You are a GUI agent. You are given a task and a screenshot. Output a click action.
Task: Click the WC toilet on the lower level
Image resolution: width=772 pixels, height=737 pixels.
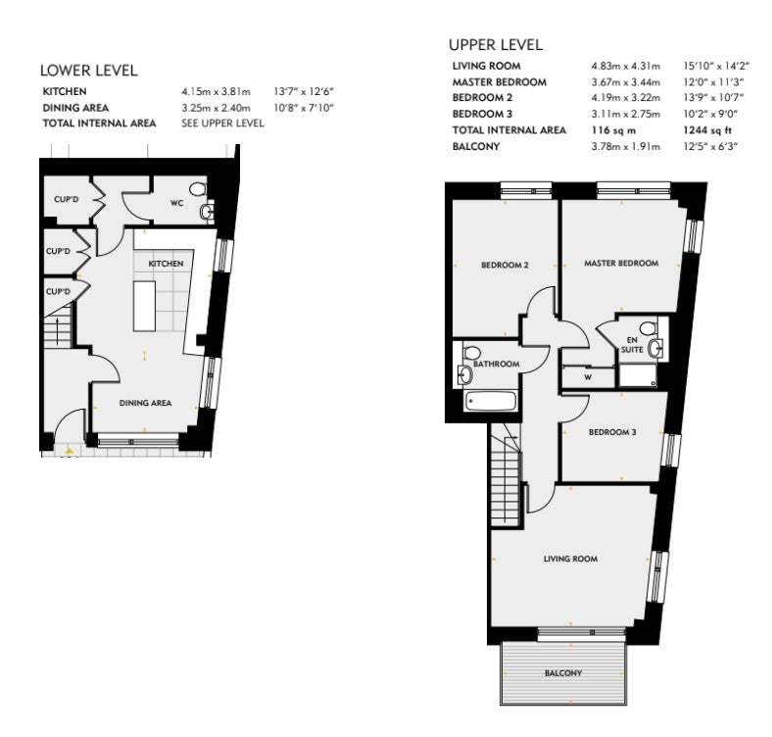pos(198,189)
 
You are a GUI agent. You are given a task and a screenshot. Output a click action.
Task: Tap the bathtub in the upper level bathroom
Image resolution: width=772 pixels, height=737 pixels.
pos(491,401)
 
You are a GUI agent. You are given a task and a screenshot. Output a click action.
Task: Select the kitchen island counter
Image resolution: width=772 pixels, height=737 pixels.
pos(144,306)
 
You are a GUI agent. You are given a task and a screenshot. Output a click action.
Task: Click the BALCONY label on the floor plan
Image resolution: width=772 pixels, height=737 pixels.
pos(563,673)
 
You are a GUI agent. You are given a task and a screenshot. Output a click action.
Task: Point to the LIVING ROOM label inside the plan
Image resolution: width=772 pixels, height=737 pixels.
pos(570,559)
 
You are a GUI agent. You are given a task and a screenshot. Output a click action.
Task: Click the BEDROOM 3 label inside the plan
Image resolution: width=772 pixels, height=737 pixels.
pos(612,432)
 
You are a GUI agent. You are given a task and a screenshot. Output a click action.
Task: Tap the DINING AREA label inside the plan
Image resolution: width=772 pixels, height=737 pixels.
pos(145,403)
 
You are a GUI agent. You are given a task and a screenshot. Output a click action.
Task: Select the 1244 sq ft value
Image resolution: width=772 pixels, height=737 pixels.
pos(707,130)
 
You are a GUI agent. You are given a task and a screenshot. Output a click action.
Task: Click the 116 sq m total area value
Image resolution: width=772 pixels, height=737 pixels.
pos(613,130)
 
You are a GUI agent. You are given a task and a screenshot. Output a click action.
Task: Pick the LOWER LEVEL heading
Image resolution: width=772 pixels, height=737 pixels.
pos(88,71)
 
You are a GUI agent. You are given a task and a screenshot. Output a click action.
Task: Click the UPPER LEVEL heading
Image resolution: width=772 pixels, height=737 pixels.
pos(496,45)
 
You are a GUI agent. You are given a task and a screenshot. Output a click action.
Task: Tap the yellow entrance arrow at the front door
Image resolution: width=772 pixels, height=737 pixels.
pos(70,450)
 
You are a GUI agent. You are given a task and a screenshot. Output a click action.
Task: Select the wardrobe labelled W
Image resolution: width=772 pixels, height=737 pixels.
pos(588,377)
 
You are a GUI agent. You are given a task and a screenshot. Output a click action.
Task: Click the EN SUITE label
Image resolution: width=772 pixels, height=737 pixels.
pos(632,345)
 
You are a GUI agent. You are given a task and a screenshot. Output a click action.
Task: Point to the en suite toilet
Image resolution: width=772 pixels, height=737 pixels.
pos(649,327)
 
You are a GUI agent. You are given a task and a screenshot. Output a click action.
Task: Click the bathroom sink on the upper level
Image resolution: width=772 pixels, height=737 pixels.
pos(465,374)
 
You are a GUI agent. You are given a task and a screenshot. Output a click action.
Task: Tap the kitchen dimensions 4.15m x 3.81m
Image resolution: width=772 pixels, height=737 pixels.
pos(216,91)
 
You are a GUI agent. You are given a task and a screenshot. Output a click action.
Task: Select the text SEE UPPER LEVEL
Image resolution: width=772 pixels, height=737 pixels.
pos(222,123)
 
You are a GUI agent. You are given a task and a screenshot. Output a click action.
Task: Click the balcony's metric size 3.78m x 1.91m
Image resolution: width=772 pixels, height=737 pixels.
pos(626,146)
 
